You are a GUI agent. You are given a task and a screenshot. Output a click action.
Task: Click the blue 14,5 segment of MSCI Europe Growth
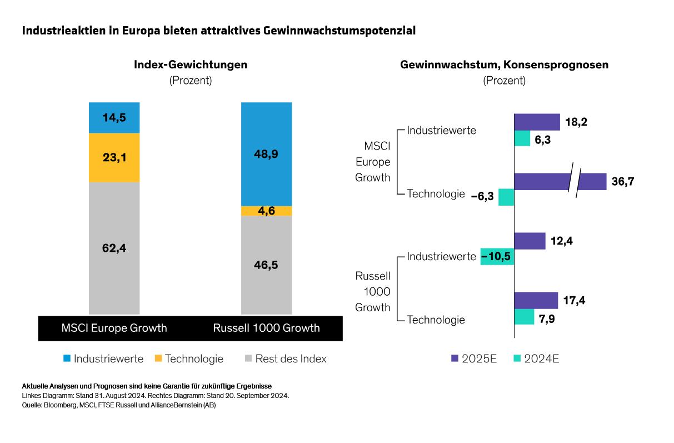pyautogui.click(x=114, y=117)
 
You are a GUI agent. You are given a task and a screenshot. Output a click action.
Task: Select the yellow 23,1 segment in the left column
pyautogui.click(x=114, y=157)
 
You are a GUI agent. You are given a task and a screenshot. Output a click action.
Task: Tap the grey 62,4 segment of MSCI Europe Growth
pyautogui.click(x=114, y=248)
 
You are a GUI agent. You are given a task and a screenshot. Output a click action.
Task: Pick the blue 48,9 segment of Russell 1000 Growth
pyautogui.click(x=266, y=154)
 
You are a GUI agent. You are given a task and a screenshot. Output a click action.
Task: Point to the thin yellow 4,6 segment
pyautogui.click(x=266, y=211)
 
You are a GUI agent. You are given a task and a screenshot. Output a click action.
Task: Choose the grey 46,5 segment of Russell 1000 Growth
pyautogui.click(x=266, y=265)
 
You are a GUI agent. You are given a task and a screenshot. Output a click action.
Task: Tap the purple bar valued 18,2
pyautogui.click(x=537, y=122)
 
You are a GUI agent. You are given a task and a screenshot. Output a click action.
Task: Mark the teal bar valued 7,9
pyautogui.click(x=524, y=317)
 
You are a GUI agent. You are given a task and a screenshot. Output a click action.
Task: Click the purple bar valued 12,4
pyautogui.click(x=530, y=241)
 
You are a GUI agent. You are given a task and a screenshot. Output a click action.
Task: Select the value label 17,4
pyautogui.click(x=574, y=300)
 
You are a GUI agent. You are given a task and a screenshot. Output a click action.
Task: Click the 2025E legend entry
pyautogui.click(x=473, y=359)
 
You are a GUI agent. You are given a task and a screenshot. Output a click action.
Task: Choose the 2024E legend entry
pyautogui.click(x=536, y=359)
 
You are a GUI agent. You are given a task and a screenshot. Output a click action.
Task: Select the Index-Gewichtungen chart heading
pyautogui.click(x=190, y=64)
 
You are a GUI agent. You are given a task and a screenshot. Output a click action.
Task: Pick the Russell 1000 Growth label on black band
pyautogui.click(x=266, y=328)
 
